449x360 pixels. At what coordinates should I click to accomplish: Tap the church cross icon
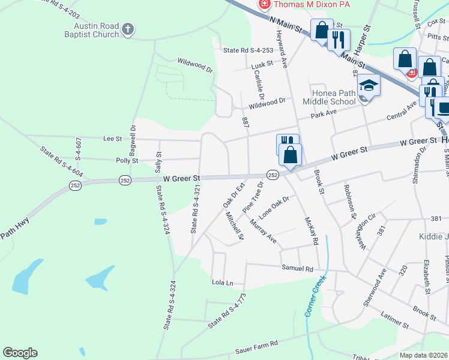point(128,29)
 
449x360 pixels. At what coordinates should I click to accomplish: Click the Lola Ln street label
point(222,281)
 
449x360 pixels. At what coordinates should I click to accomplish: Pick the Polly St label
point(127,161)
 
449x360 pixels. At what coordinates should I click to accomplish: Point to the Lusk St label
point(262,64)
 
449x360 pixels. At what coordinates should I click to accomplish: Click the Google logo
point(20,353)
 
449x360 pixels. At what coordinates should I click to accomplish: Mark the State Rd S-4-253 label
point(247,52)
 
